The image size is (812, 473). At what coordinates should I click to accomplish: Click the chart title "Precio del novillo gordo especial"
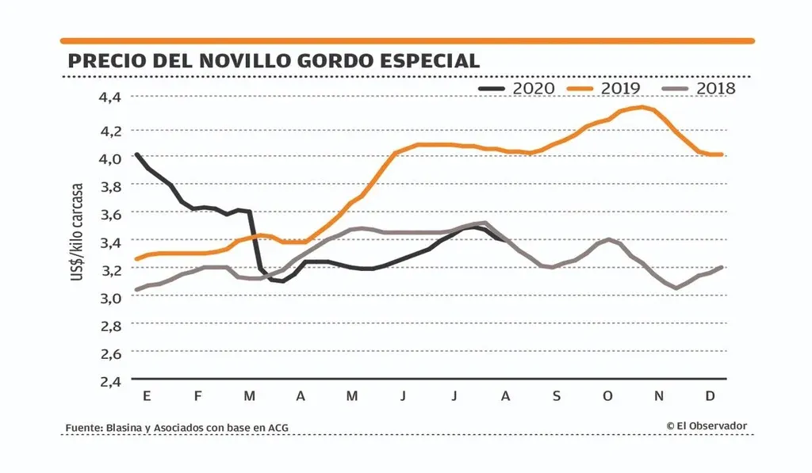click(x=274, y=61)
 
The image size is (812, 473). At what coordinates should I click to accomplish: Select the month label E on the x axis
click(x=147, y=395)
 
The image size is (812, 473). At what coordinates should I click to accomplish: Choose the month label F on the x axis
click(x=198, y=395)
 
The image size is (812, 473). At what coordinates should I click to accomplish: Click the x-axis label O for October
click(x=607, y=395)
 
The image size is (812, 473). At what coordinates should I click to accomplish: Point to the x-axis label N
click(x=659, y=395)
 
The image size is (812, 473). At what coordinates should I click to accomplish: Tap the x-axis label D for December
click(x=710, y=395)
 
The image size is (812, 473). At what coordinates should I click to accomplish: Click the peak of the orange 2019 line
click(x=641, y=107)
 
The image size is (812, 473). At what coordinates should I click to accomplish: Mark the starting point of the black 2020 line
click(x=136, y=154)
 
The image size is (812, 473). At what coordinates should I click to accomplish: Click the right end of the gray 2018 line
click(x=722, y=268)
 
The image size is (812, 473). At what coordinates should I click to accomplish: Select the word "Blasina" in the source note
click(x=122, y=428)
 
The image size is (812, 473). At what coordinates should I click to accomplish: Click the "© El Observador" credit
click(x=707, y=426)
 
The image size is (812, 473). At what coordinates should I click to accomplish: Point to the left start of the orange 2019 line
click(x=136, y=259)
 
